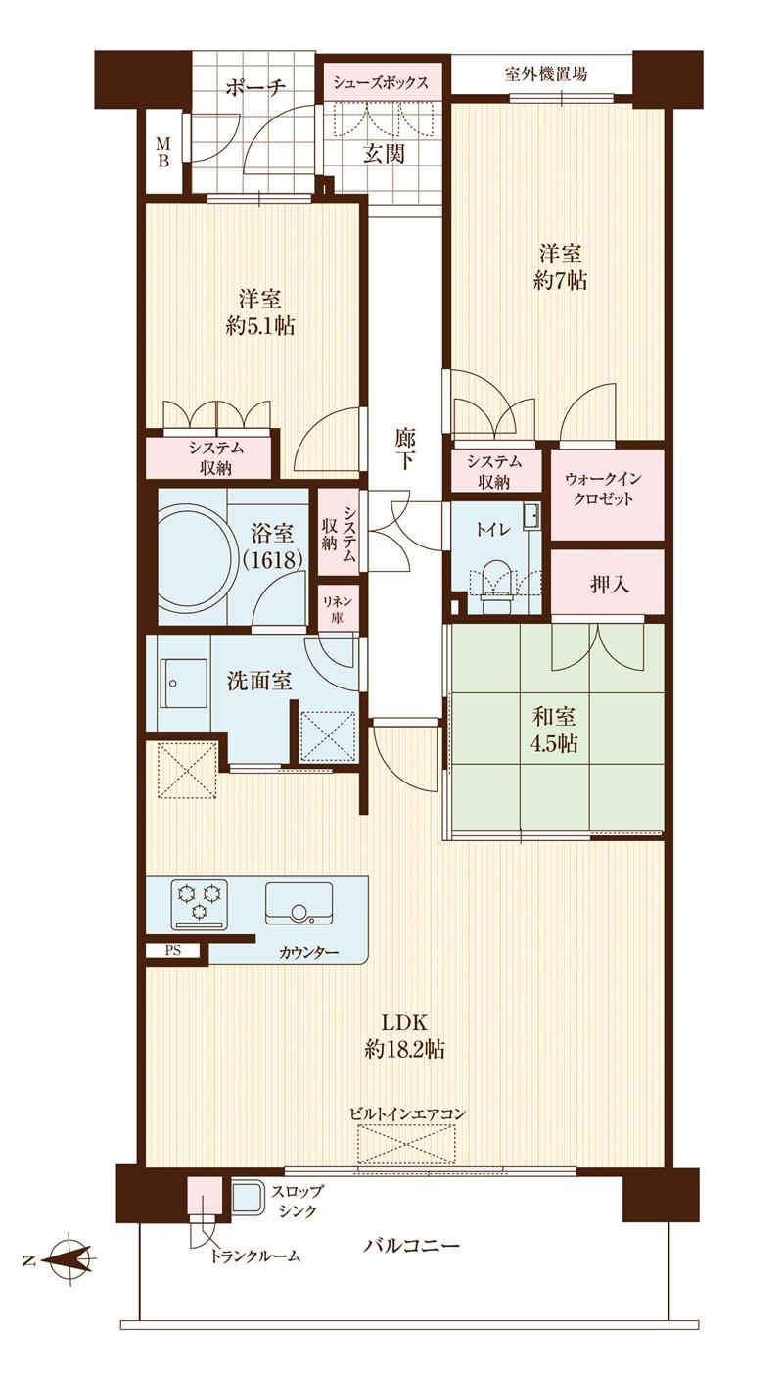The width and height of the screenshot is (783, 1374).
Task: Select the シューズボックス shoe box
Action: coord(381,82)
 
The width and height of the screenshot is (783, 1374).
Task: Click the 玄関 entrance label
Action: coord(385,153)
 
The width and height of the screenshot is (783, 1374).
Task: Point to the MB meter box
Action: coord(162,153)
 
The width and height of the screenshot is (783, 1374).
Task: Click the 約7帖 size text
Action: coord(561,280)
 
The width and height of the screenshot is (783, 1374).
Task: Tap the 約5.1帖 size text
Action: coord(259,325)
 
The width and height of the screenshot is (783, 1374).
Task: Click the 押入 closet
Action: coord(607,585)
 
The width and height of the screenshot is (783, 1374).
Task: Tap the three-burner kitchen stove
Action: coord(200,902)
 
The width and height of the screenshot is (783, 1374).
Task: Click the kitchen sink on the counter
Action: coord(299,903)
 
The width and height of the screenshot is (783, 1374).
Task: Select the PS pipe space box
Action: coord(173,949)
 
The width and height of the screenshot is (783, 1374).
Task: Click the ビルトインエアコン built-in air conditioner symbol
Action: coord(406,1143)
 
